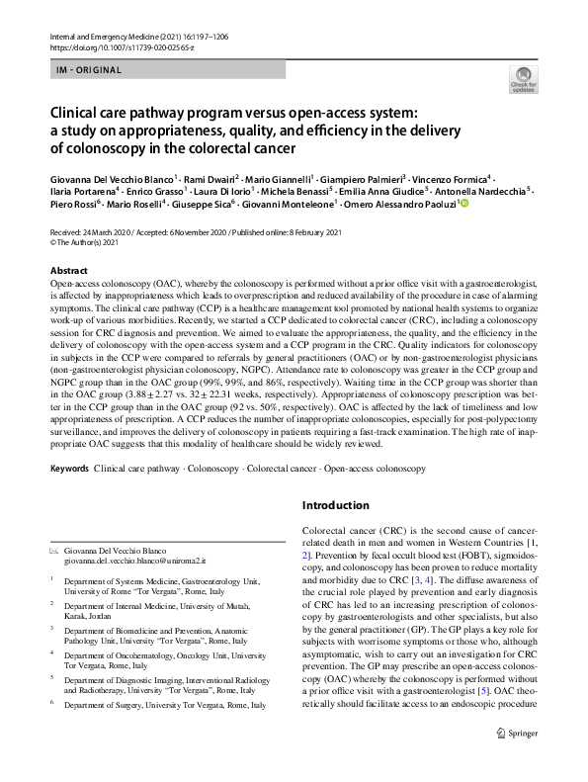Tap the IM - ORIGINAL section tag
pyautogui.click(x=89, y=69)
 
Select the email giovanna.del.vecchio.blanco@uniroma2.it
pyautogui.click(x=133, y=561)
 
